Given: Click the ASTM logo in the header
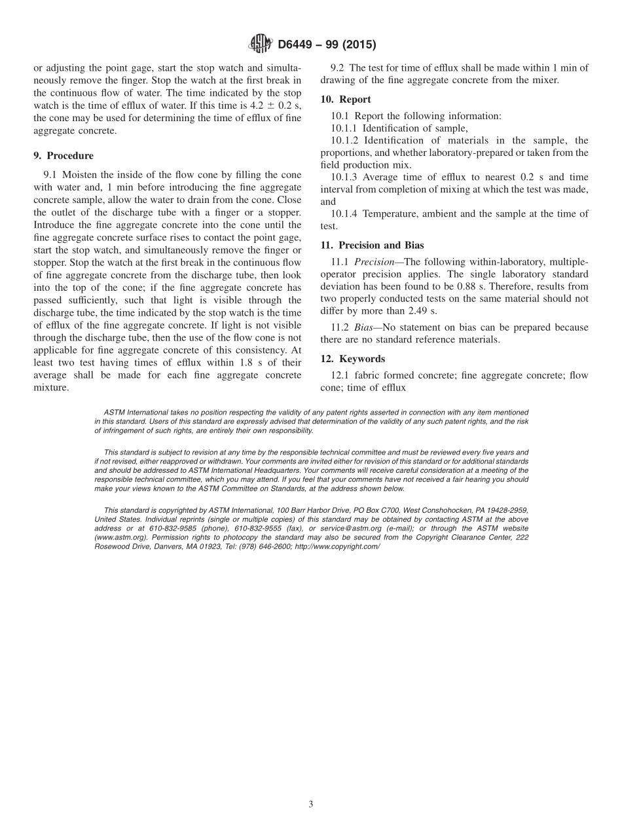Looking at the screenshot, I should point(261,45).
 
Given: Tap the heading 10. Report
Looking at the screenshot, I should point(346,100).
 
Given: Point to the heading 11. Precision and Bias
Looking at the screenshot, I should point(372,246).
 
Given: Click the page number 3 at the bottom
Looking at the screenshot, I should point(311,804).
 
